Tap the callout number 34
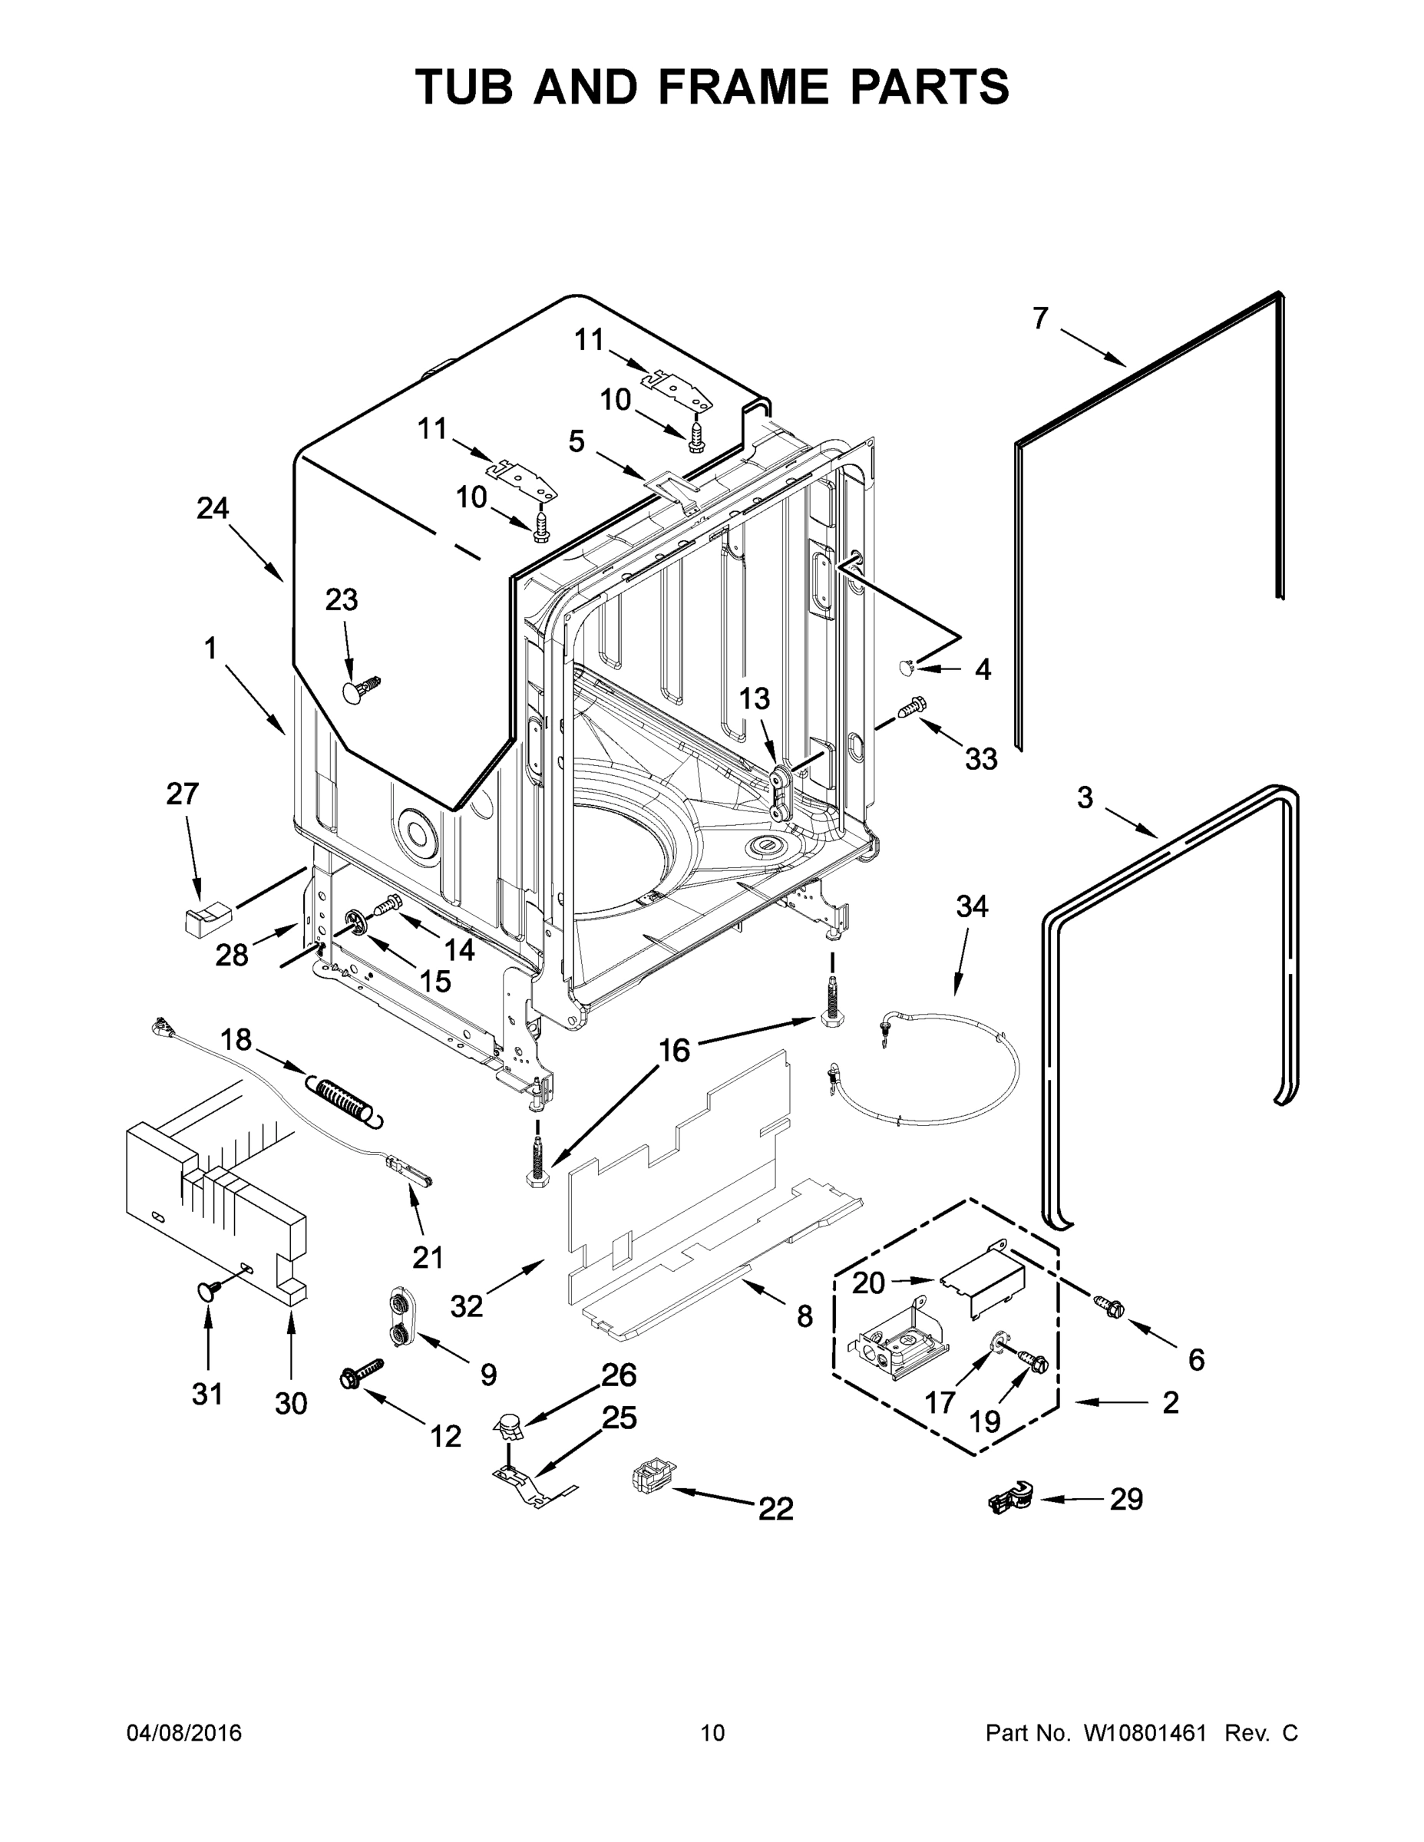pos(972,906)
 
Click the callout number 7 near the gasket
pos(1040,318)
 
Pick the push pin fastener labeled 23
pos(359,688)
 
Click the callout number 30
pos(291,1404)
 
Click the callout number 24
pos(213,509)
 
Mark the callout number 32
pos(467,1306)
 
